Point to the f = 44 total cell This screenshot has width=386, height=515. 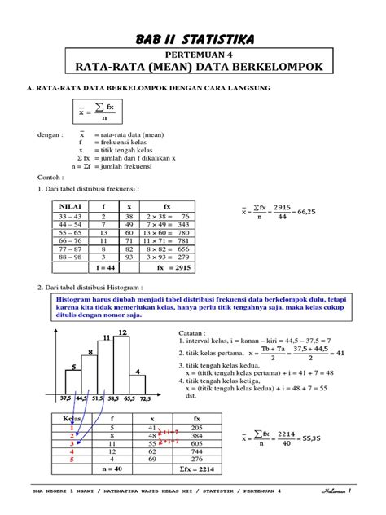pyautogui.click(x=106, y=266)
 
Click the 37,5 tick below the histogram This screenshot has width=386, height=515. pyautogui.click(x=66, y=400)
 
